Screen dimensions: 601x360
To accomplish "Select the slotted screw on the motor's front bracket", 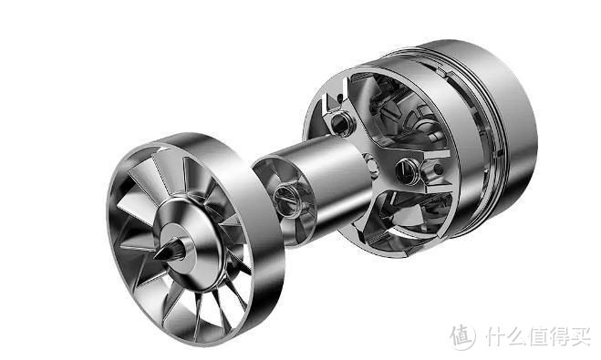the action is coord(407,170).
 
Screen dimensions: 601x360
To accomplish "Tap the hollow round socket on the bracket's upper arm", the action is coord(339,123).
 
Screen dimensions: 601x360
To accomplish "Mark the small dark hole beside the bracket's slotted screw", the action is coord(438,169).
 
